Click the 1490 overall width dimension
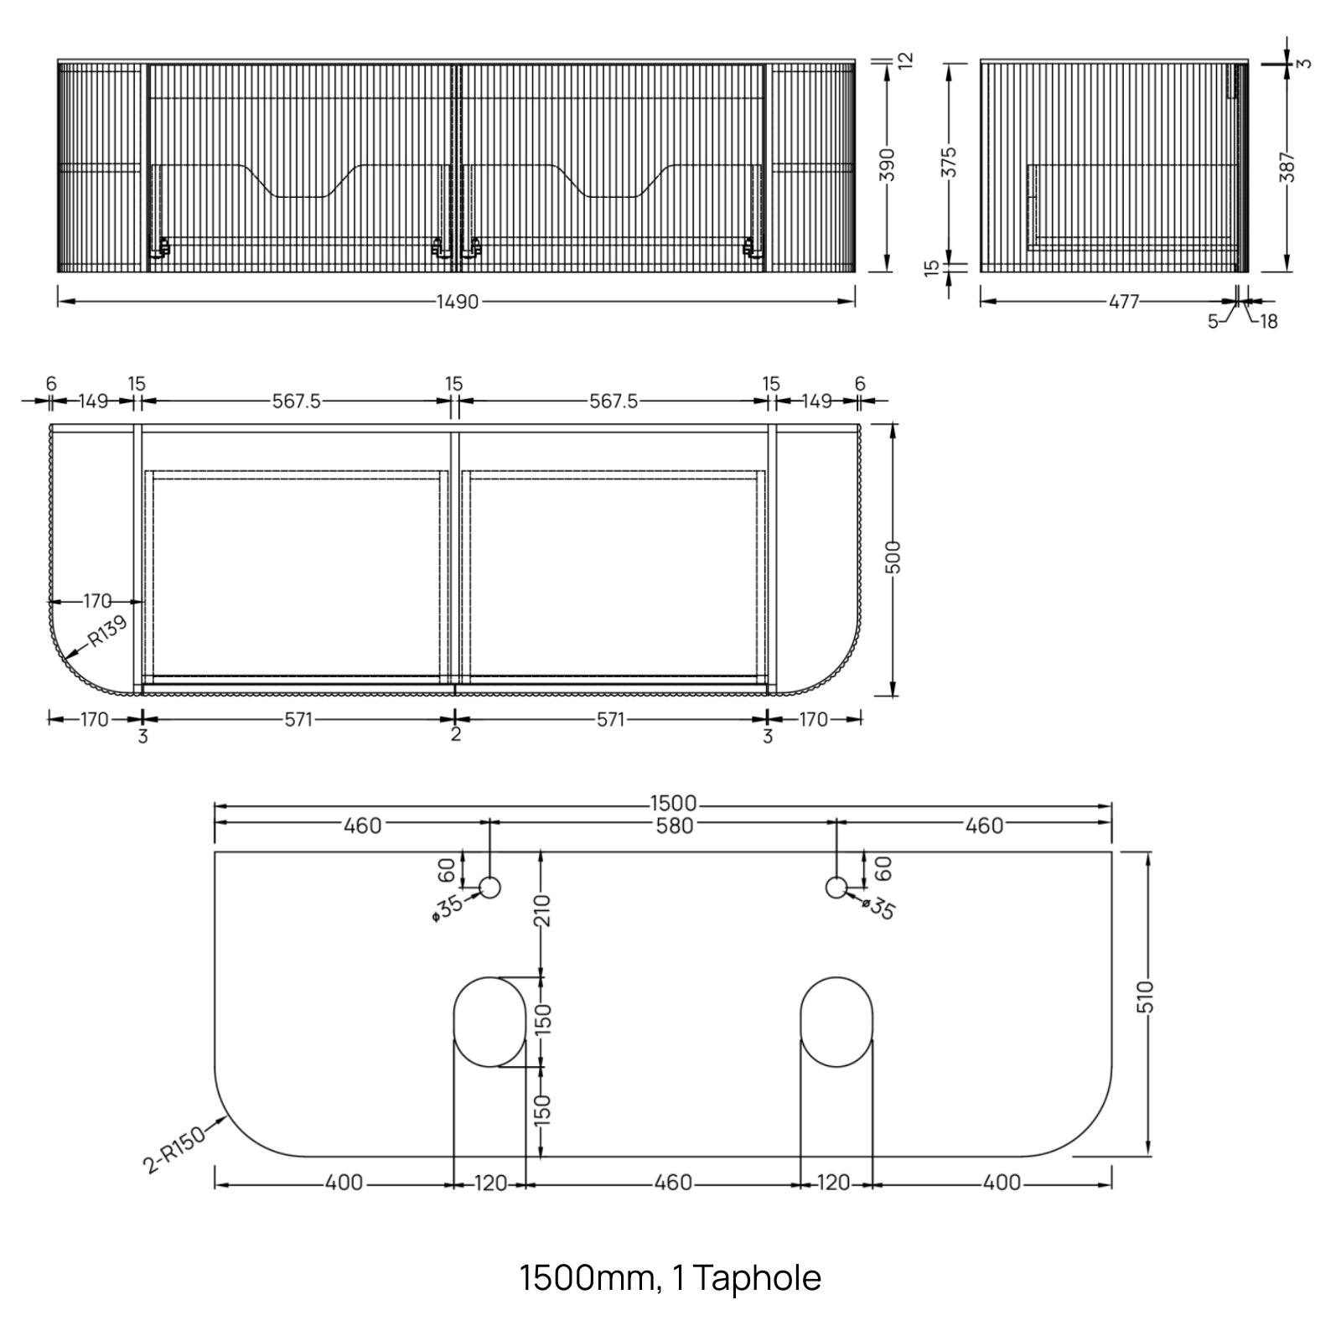click(458, 302)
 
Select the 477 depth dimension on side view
click(1124, 302)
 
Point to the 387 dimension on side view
click(1288, 167)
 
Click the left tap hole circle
click(489, 887)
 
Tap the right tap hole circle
click(836, 887)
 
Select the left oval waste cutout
click(489, 1022)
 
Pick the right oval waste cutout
click(836, 1022)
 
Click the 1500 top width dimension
click(673, 805)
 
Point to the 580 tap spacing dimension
click(674, 826)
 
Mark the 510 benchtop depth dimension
click(1146, 997)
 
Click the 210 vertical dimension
click(542, 911)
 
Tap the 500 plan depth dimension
click(893, 557)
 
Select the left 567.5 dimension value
click(296, 401)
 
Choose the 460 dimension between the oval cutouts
click(672, 1183)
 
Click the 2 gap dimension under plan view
click(455, 735)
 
